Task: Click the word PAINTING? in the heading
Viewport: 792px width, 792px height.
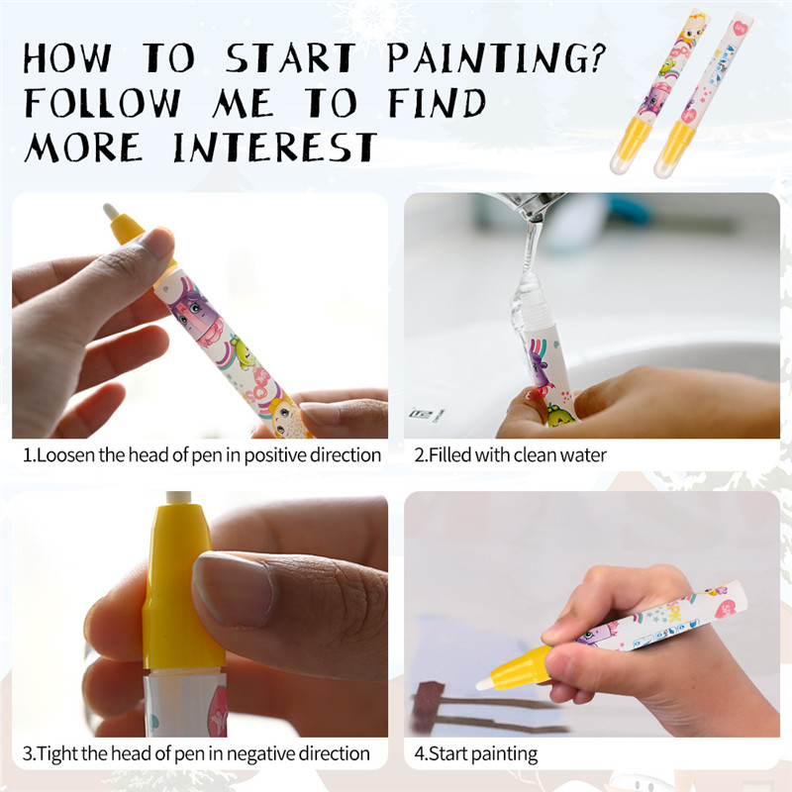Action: (496, 57)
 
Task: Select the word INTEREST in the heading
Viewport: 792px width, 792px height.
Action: (275, 147)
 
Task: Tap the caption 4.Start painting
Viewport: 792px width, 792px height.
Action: (476, 753)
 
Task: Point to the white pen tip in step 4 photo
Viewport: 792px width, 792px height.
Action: (484, 683)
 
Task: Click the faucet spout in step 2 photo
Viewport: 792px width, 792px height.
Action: (526, 206)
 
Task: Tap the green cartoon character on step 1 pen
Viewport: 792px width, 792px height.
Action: (242, 351)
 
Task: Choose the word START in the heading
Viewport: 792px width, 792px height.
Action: (290, 57)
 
